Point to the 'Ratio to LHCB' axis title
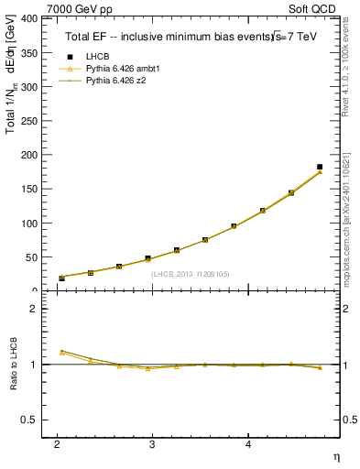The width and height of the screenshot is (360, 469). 13,365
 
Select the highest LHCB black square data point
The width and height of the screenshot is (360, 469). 320,167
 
